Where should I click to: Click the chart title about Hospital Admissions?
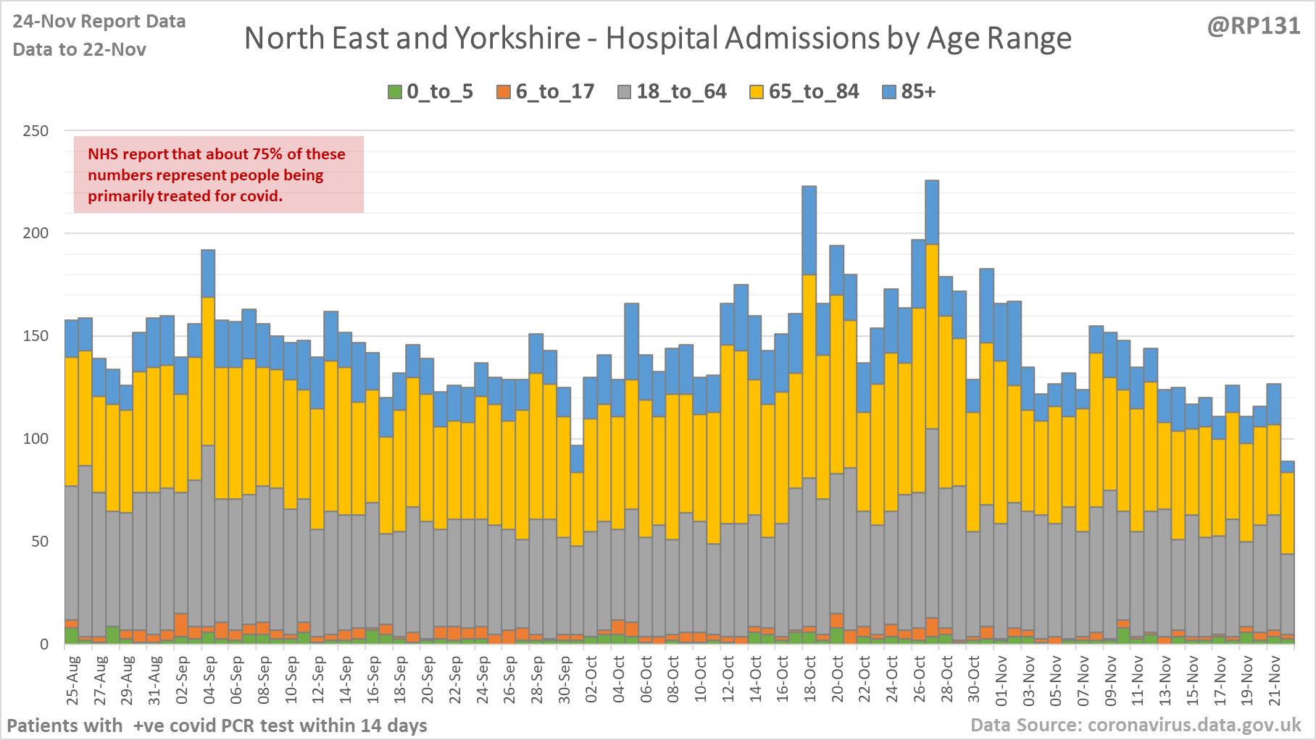(657, 38)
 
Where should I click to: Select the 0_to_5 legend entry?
(430, 92)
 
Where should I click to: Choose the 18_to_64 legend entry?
(672, 92)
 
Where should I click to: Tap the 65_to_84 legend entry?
(804, 92)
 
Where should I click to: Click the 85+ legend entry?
(909, 92)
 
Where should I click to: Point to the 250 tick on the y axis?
(36, 131)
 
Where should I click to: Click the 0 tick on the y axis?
(44, 644)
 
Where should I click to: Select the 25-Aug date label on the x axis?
(72, 680)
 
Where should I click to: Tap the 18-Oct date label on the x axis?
(810, 680)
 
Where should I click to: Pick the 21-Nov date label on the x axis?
(1275, 680)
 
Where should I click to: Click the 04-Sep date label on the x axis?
(209, 680)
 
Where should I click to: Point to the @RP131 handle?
(1254, 26)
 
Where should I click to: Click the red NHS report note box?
(218, 175)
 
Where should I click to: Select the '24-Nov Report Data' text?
(99, 22)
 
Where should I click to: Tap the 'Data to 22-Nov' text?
(80, 50)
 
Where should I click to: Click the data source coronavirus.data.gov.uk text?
(1136, 725)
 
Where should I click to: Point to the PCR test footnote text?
(217, 725)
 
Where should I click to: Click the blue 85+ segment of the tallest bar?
(932, 212)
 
